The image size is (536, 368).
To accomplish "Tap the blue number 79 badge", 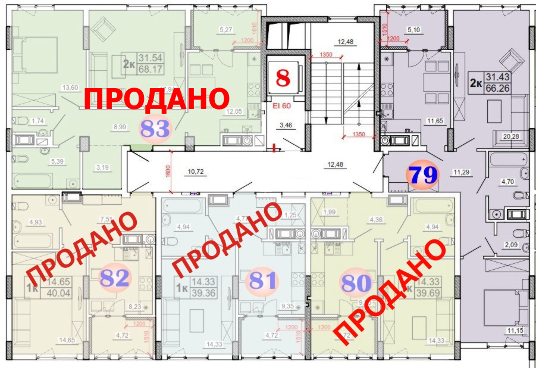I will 422,175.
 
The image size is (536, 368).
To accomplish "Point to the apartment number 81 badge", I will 262,280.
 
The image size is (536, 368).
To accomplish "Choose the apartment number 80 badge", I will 356,280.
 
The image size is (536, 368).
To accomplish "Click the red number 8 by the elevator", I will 284,77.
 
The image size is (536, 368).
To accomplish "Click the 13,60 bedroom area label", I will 70,88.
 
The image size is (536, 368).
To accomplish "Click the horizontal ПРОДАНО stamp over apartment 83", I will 156,98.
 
